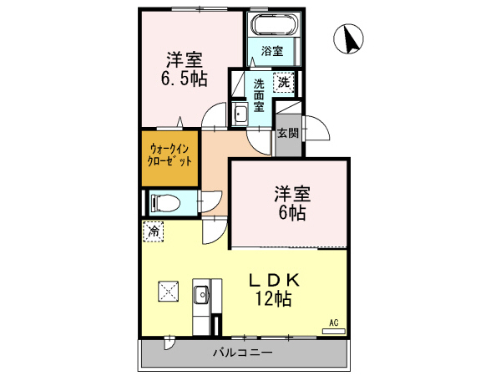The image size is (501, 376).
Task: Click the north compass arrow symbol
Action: coord(351,38)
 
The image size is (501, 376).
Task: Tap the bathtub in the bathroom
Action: coord(271,24)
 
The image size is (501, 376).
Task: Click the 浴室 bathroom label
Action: coord(271,51)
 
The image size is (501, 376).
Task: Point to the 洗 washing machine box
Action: coord(284,82)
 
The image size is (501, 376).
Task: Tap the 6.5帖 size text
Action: coord(185,79)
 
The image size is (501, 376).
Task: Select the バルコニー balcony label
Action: coord(241,353)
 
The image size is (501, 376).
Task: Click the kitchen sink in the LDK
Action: coord(200,295)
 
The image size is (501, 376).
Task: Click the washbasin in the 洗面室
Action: coord(239,115)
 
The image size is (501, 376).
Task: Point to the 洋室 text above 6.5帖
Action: coord(185,60)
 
